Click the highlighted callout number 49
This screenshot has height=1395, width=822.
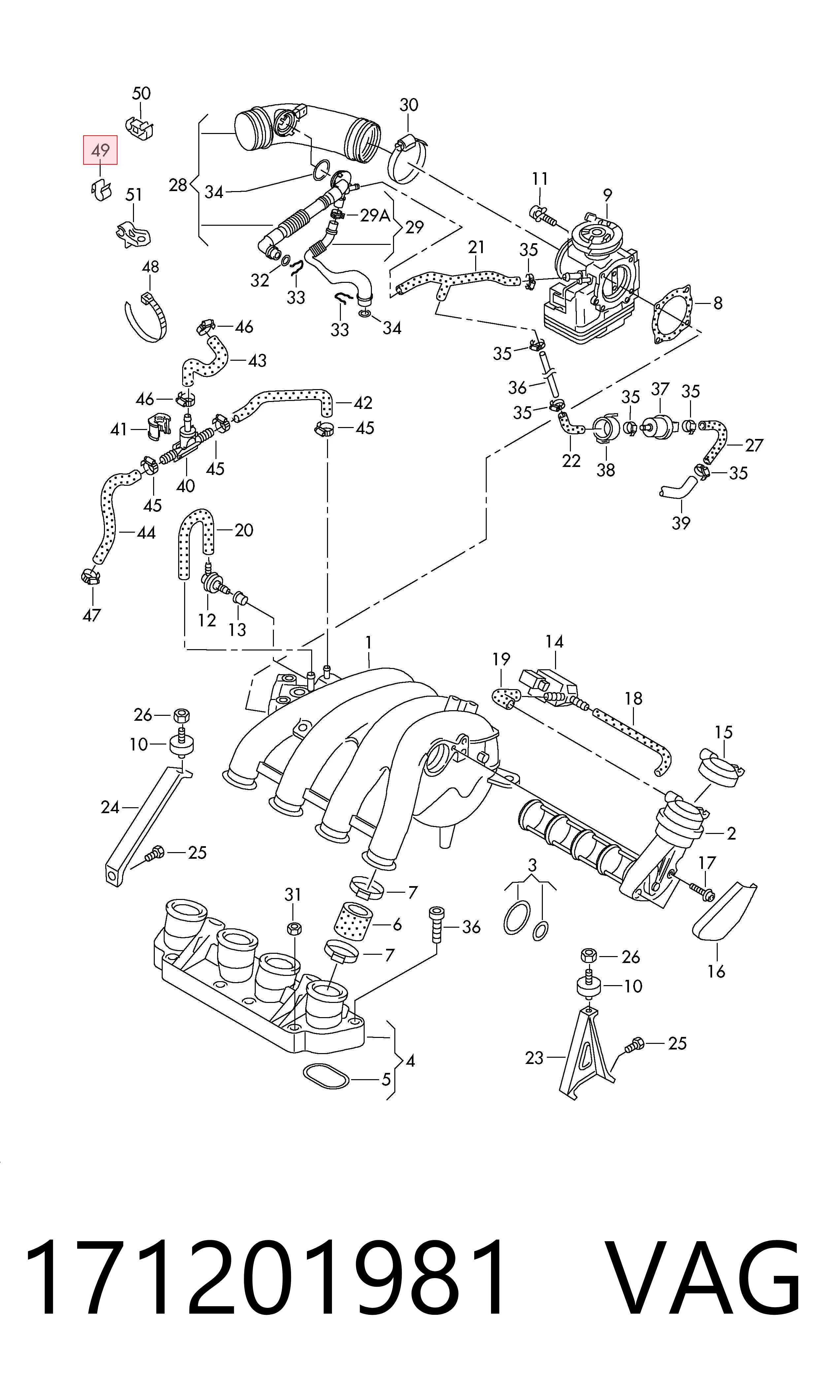point(100,150)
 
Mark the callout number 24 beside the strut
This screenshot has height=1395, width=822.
point(110,808)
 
